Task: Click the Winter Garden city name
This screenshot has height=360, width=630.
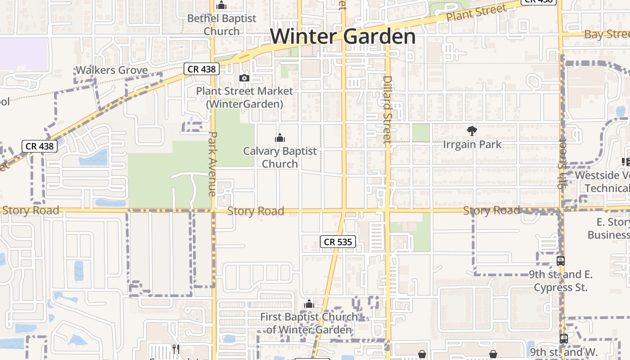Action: pyautogui.click(x=343, y=36)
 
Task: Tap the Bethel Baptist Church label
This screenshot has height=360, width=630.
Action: pyautogui.click(x=221, y=25)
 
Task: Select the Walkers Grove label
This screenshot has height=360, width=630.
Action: pyautogui.click(x=112, y=70)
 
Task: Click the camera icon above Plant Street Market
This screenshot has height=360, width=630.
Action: pyautogui.click(x=244, y=78)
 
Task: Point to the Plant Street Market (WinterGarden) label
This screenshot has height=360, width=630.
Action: pyautogui.click(x=244, y=97)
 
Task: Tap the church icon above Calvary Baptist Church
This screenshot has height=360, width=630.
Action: pyautogui.click(x=280, y=138)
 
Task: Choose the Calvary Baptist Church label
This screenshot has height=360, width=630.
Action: pyautogui.click(x=280, y=157)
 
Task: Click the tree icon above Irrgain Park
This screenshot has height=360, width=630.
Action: pyautogui.click(x=472, y=131)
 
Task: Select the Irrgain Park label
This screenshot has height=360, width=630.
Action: pyautogui.click(x=472, y=144)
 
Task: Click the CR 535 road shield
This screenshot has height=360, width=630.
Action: pyautogui.click(x=338, y=242)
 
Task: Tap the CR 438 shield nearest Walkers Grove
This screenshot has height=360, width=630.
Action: pyautogui.click(x=202, y=69)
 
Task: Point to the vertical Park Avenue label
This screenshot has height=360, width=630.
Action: pyautogui.click(x=212, y=164)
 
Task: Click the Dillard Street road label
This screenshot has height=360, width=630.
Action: pyautogui.click(x=387, y=110)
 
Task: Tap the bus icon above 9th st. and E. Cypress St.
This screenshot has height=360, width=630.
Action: pyautogui.click(x=560, y=261)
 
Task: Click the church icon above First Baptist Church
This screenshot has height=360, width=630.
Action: pyautogui.click(x=309, y=304)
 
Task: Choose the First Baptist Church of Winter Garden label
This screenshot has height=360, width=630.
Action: pyautogui.click(x=309, y=323)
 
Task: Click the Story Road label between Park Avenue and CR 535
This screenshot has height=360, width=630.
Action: pyautogui.click(x=256, y=211)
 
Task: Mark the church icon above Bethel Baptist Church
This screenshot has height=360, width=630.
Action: pyautogui.click(x=221, y=5)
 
